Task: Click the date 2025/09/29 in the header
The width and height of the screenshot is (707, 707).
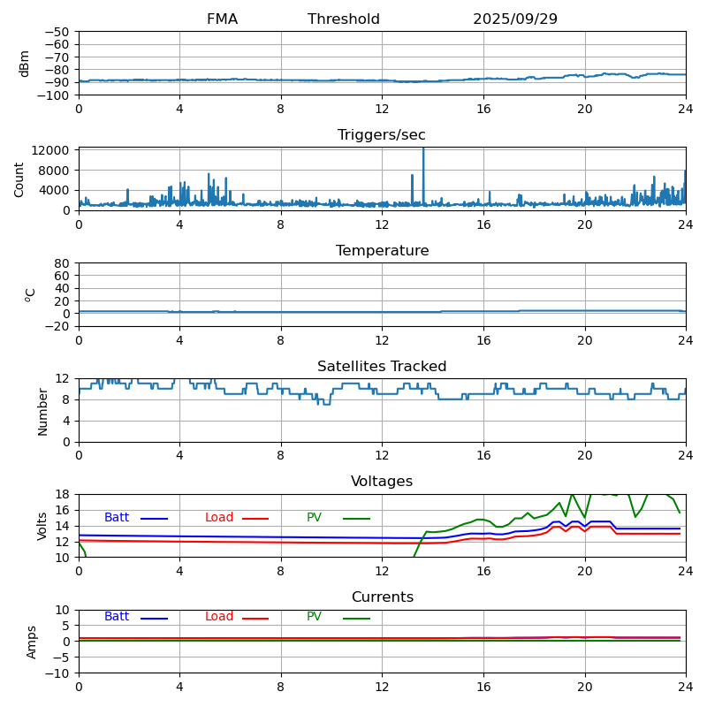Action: pos(514,19)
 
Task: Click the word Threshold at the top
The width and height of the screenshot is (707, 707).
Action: pos(344,19)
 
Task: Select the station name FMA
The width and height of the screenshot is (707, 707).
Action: pos(222,19)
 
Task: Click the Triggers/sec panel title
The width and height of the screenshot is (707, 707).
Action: pos(382,135)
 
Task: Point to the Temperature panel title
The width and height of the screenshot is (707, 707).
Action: pos(382,251)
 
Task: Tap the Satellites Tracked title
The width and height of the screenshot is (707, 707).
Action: pos(382,367)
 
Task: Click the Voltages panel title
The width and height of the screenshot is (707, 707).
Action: pos(382,482)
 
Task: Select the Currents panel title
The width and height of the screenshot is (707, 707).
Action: pos(382,597)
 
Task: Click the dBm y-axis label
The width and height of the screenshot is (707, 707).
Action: pos(25,63)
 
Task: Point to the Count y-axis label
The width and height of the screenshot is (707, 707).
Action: pos(19,179)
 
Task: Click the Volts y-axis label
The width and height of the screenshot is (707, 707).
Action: pos(42,526)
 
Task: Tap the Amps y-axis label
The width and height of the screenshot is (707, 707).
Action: pos(32,642)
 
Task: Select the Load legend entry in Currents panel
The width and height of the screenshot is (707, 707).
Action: pos(219,617)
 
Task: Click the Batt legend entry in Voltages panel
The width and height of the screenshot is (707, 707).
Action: pos(117,518)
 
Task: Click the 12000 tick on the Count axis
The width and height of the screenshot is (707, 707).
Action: pos(53,151)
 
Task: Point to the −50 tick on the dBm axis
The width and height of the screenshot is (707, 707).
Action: pos(58,32)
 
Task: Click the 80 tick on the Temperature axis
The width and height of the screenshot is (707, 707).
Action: pos(63,263)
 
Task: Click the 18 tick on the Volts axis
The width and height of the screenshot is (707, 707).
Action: pos(65,495)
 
